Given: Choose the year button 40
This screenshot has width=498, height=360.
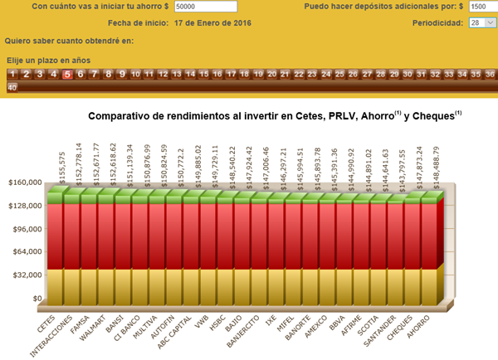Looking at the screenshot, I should pos(12,87).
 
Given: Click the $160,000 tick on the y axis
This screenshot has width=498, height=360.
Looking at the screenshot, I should pos(22,182).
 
